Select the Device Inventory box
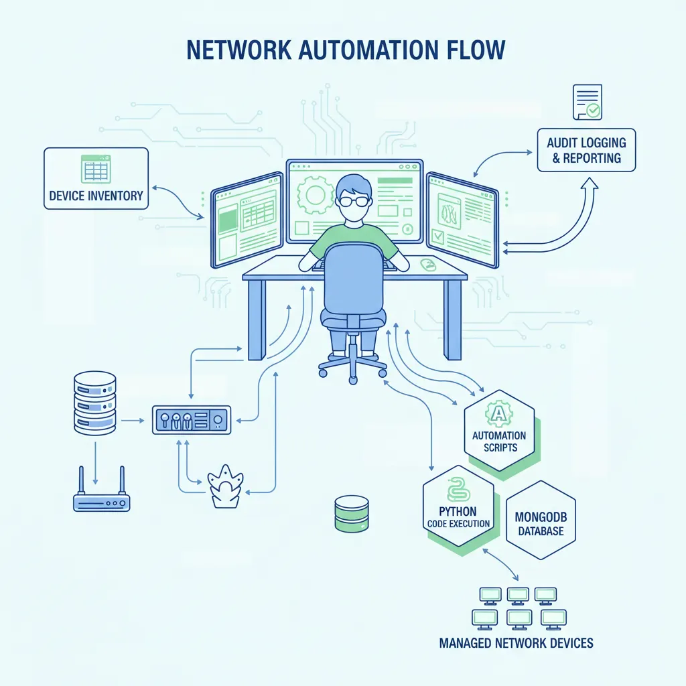[96, 178]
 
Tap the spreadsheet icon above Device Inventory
[96, 168]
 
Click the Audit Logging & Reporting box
[586, 150]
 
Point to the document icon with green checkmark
[588, 102]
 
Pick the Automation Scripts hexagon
[499, 431]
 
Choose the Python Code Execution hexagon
[458, 506]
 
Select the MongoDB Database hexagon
[541, 520]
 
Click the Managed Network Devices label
[517, 643]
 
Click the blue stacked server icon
[95, 403]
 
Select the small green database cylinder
[351, 514]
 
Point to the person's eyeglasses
[354, 201]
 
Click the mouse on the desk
[427, 264]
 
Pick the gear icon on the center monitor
[315, 195]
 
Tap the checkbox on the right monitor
[437, 236]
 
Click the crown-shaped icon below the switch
[225, 486]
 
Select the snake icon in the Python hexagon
[458, 490]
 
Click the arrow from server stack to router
[95, 463]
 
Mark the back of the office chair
[354, 278]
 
